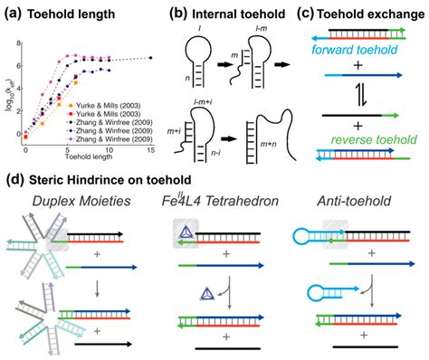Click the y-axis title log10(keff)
pyautogui.click(x=8, y=90)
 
